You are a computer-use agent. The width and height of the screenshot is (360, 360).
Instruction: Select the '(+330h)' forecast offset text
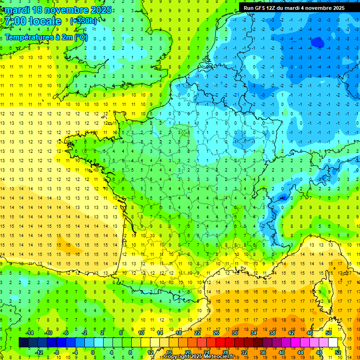pos(83,21)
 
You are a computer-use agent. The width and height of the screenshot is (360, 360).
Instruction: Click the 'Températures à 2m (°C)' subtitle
pos(46,37)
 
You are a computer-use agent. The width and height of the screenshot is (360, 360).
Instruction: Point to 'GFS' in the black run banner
pos(262,8)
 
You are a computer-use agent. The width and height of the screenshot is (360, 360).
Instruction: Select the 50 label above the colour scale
pos(329,333)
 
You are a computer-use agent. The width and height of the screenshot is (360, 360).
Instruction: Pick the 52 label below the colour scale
pos(338,352)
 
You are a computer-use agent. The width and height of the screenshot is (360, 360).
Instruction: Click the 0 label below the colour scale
pos(93,352)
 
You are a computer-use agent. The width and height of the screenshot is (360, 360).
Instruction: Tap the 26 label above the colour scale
pos(216,333)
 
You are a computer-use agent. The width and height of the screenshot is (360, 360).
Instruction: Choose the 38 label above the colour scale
pos(272,333)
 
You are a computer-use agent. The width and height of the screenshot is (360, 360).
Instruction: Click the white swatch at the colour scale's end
pos(333,343)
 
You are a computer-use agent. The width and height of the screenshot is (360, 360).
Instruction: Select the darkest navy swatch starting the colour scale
pos(23,343)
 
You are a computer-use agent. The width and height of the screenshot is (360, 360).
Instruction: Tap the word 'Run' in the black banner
pos(249,8)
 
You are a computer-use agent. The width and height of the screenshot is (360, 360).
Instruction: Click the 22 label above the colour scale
pos(197,333)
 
